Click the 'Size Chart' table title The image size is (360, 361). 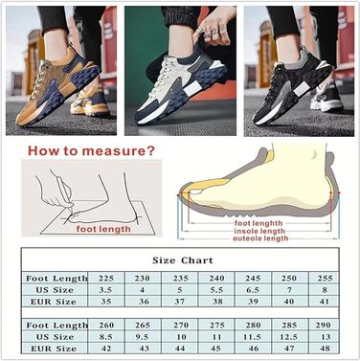(x=183, y=260)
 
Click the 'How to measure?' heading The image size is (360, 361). (x=91, y=150)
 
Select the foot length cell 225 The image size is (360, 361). (x=106, y=278)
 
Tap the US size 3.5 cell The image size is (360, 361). (x=106, y=290)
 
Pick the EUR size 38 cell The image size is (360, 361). (x=217, y=302)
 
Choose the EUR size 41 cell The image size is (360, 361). (x=325, y=302)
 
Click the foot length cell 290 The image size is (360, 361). (x=323, y=325)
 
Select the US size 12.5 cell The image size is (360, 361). (x=289, y=337)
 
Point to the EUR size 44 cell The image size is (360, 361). (x=180, y=349)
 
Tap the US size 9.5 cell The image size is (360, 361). (x=143, y=337)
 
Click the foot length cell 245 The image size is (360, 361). (x=253, y=278)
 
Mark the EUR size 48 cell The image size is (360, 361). (x=323, y=349)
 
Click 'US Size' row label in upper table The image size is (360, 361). (x=55, y=290)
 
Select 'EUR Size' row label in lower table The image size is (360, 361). (x=54, y=349)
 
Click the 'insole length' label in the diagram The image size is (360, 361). (x=259, y=231)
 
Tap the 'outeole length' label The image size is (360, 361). (x=260, y=238)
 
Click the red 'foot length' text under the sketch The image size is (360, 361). (x=103, y=229)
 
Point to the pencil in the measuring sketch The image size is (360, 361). (x=66, y=191)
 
